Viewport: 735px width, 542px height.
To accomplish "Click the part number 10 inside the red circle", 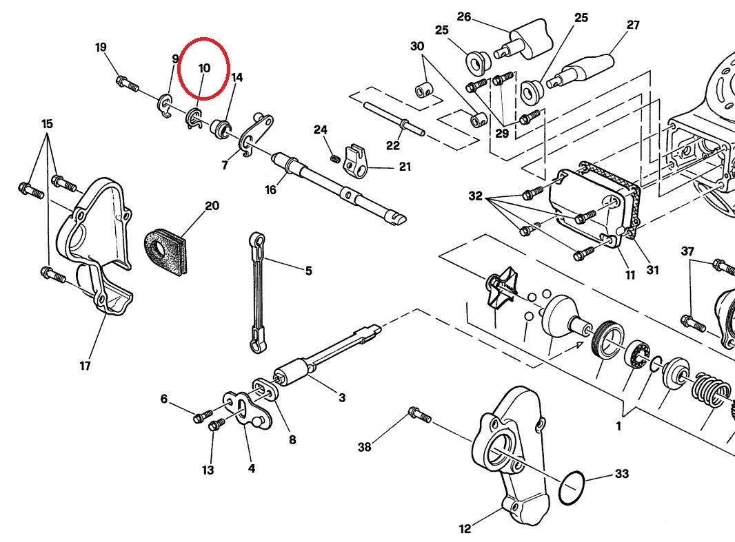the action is point(204,68).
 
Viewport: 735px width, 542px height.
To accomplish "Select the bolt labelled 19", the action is point(127,84).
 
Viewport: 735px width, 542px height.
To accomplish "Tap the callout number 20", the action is point(212,206).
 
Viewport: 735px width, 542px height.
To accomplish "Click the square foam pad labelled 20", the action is point(164,250).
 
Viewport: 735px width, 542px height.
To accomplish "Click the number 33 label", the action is point(621,474).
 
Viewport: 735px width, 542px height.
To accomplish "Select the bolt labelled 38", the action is point(419,414).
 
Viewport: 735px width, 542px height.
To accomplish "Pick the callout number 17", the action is point(85,366).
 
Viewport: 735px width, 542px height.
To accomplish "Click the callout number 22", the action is point(393,145).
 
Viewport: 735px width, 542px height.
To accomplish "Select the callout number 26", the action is point(464,17).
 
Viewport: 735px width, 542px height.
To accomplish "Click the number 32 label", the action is point(475,196).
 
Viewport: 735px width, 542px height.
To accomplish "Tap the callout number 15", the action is point(47,124).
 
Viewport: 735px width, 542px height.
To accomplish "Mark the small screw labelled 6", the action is point(203,416).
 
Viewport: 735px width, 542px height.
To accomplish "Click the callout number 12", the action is point(465,529).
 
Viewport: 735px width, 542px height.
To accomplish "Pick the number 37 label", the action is point(687,251).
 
